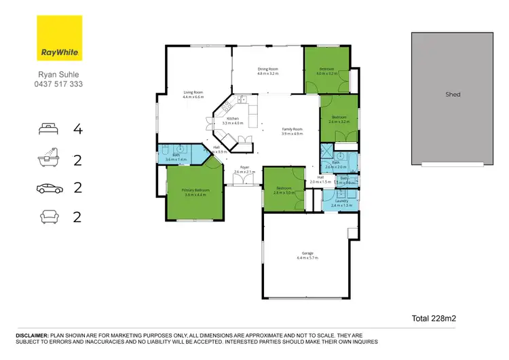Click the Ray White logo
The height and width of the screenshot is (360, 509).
pyautogui.click(x=59, y=39)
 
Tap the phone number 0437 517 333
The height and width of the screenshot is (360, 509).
pyautogui.click(x=59, y=84)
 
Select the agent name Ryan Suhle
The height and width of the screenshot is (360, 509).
pyautogui.click(x=59, y=75)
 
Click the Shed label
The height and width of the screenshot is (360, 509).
pyautogui.click(x=453, y=94)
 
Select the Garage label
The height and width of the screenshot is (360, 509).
pyautogui.click(x=307, y=253)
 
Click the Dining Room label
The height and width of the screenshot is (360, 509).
pyautogui.click(x=267, y=69)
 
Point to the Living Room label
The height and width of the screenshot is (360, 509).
pyautogui.click(x=193, y=92)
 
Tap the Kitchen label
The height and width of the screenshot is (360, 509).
pyautogui.click(x=232, y=118)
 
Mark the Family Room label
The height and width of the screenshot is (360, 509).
pyautogui.click(x=293, y=129)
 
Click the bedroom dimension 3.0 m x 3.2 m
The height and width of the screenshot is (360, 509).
pyautogui.click(x=327, y=73)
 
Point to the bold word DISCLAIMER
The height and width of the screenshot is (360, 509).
pyautogui.click(x=32, y=336)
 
